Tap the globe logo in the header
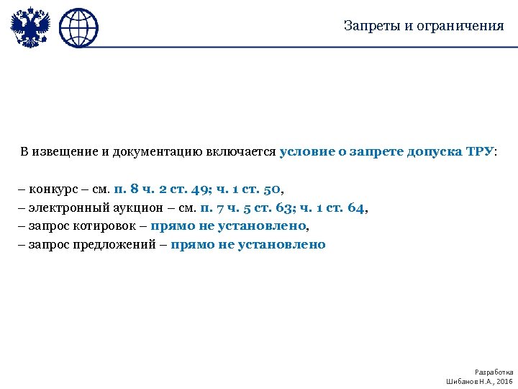78,28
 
